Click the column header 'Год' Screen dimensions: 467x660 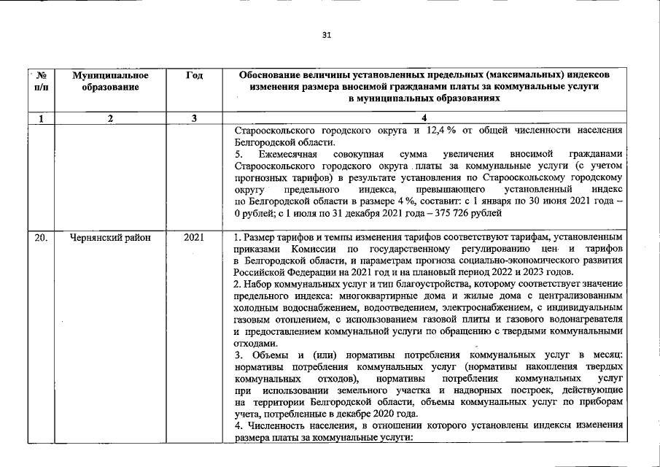click(x=195, y=75)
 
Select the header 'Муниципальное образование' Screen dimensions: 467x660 click(x=111, y=81)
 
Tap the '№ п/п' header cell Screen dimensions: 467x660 click(x=41, y=81)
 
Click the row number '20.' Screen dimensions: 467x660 click(x=41, y=237)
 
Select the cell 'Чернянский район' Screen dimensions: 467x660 click(x=106, y=237)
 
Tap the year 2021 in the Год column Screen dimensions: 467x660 click(x=194, y=237)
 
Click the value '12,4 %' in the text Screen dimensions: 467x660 click(x=442, y=131)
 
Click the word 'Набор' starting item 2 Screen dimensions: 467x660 click(x=257, y=283)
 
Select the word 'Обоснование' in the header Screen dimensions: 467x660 click(x=276, y=75)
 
